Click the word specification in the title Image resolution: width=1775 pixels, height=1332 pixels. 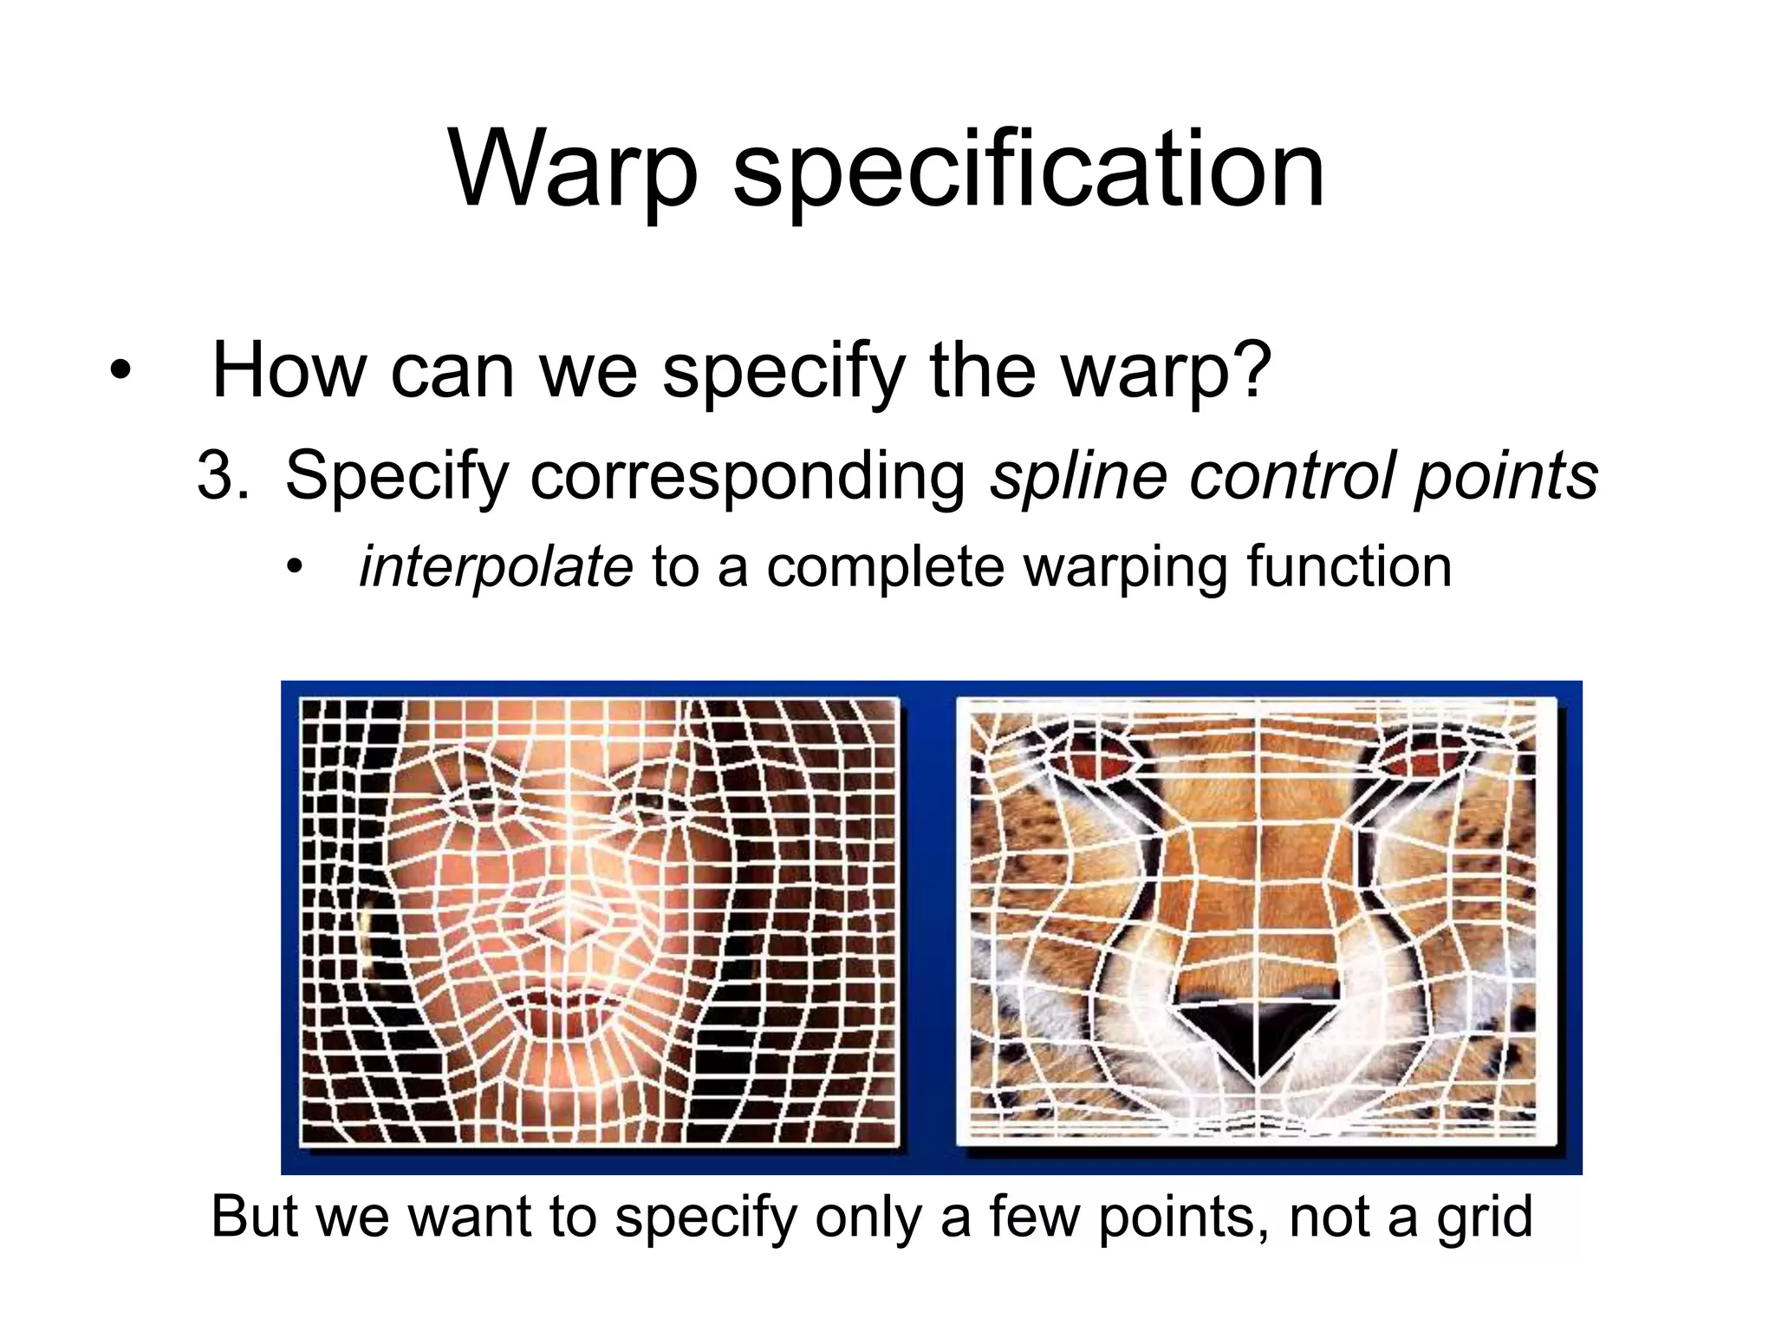(x=1029, y=171)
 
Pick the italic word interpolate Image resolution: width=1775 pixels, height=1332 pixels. (x=496, y=567)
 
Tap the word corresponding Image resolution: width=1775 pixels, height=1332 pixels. (x=748, y=478)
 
